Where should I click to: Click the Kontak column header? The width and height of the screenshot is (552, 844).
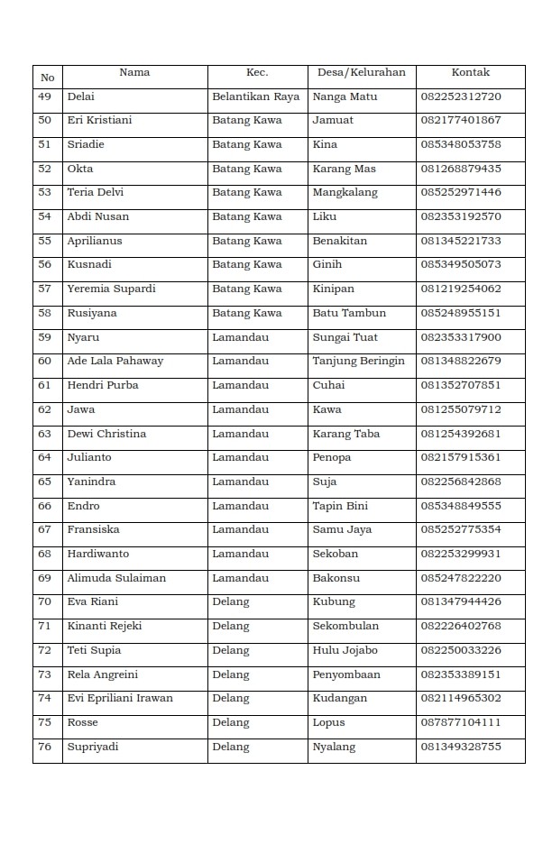point(470,72)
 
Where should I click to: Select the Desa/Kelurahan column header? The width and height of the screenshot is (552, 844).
point(362,72)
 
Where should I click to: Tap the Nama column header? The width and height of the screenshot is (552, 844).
point(134,72)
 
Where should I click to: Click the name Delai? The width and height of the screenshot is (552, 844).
point(80,96)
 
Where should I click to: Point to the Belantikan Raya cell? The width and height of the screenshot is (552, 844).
point(255,96)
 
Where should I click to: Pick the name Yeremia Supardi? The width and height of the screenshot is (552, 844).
point(111,289)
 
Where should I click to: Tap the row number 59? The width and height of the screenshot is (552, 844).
point(45,337)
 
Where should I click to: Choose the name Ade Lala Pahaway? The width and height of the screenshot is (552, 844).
point(115,361)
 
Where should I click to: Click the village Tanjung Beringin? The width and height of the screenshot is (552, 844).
point(358,361)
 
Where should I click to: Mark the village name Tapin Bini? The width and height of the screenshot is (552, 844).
point(340,506)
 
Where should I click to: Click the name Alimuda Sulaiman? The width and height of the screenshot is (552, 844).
point(116,578)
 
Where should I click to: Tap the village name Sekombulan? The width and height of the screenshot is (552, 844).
point(345,626)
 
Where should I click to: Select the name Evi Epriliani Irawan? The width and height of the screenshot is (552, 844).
point(120,698)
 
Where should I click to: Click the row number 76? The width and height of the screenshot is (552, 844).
point(45,747)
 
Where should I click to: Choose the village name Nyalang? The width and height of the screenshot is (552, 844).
point(334,747)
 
